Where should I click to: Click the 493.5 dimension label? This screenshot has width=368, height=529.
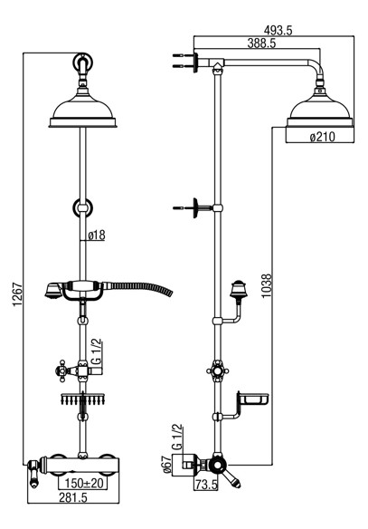[278, 31]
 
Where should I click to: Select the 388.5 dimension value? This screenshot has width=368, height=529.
[261, 43]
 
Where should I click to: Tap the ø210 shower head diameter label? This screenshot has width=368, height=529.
[322, 137]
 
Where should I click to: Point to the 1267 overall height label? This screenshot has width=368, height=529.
[17, 294]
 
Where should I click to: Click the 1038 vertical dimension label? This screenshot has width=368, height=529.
[267, 285]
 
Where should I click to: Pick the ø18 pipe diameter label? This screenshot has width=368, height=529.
[97, 236]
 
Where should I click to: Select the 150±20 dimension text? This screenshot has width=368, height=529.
[83, 483]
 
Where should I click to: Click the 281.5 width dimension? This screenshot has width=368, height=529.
[73, 497]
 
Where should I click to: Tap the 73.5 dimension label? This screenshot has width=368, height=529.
[206, 486]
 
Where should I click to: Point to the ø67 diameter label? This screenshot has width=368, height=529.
[167, 465]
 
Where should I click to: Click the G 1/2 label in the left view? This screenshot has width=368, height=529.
[96, 352]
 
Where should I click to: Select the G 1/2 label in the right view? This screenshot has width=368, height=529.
[177, 437]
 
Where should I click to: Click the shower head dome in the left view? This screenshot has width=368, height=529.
[83, 110]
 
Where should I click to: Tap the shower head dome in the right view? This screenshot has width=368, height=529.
[320, 110]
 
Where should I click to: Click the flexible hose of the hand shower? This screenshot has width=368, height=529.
[138, 288]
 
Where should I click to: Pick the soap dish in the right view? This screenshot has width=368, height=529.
[253, 399]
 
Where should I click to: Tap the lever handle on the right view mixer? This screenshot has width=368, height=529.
[231, 477]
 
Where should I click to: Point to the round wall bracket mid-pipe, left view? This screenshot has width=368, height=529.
[83, 207]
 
